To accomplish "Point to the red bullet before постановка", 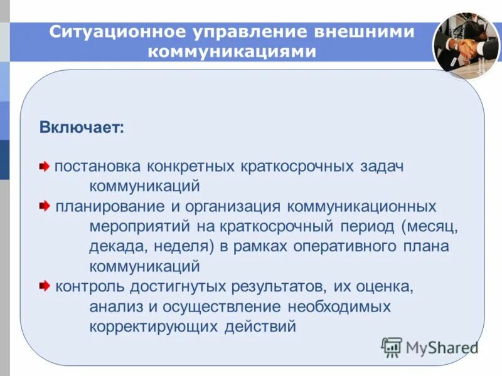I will point(45,167).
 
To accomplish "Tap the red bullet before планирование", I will point(45,206).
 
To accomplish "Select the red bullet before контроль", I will point(45,286).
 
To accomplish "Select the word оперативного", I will point(331,246).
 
